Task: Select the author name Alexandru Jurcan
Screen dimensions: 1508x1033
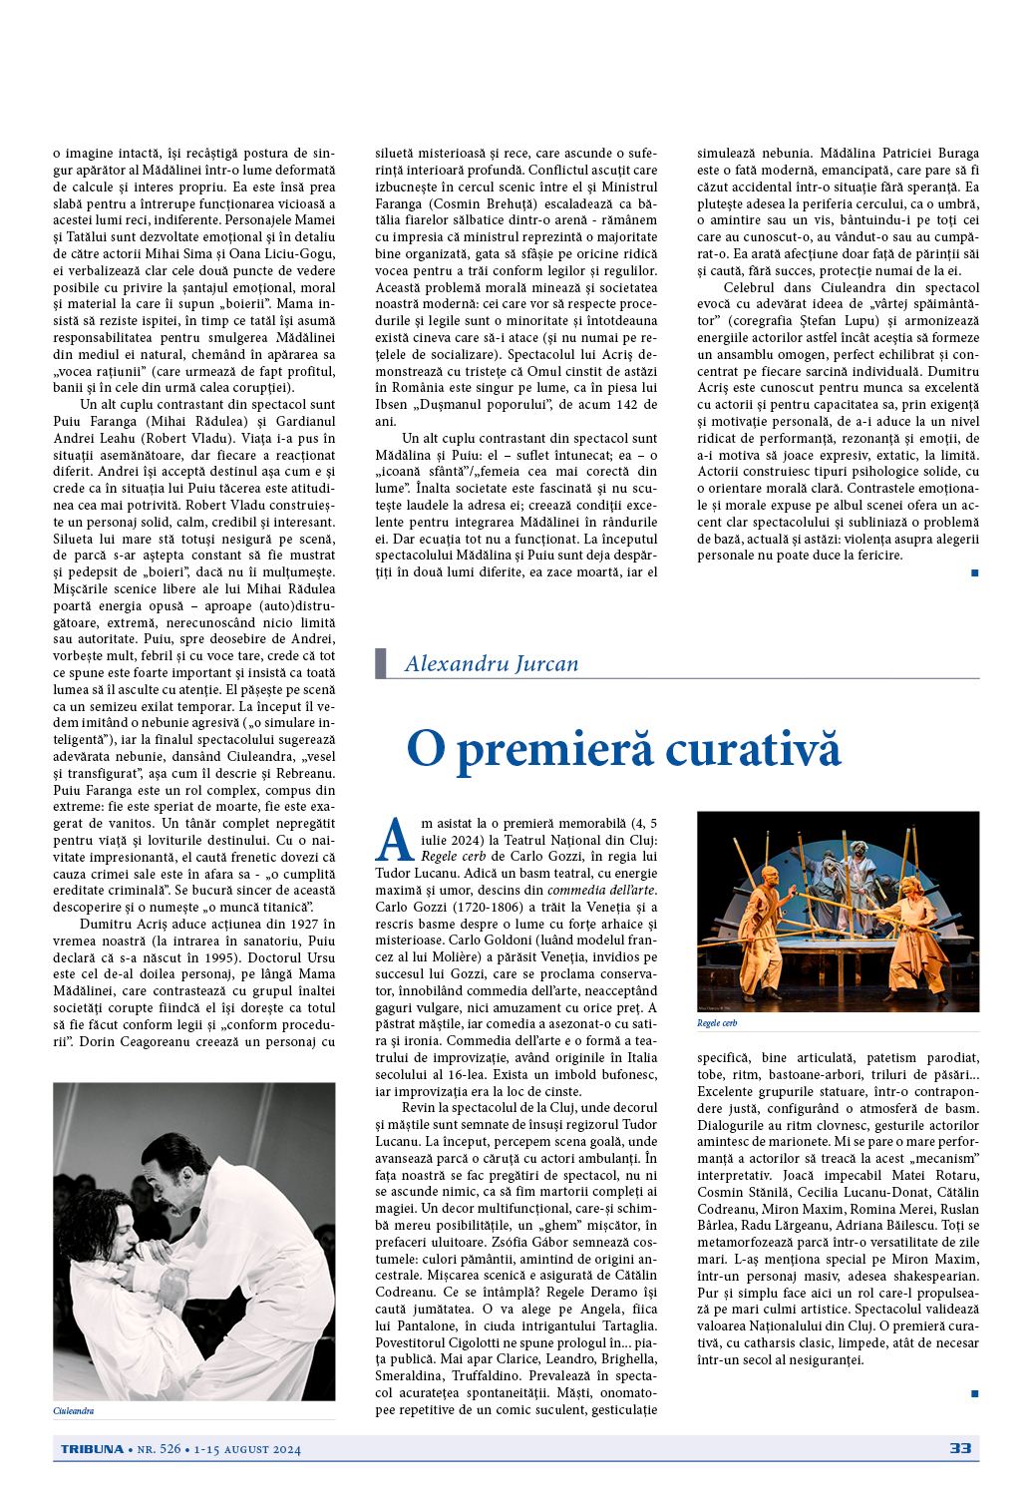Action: coord(492,664)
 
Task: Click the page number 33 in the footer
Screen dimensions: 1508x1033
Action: coord(960,1448)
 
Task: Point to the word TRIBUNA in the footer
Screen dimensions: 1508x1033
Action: coord(88,1449)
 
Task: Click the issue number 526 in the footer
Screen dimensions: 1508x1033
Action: coord(169,1449)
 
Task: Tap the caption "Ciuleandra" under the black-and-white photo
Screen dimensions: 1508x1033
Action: coord(73,1411)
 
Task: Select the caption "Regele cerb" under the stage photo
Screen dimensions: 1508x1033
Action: coord(716,1023)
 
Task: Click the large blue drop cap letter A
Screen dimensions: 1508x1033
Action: coord(396,840)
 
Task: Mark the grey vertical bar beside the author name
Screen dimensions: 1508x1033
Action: coord(381,663)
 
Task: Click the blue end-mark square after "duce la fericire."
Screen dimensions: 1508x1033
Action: coord(974,572)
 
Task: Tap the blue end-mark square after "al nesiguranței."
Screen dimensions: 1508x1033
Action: coord(974,1392)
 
